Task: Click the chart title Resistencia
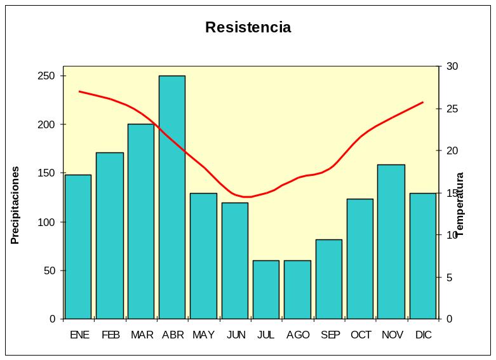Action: pyautogui.click(x=248, y=27)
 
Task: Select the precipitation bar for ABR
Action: pyautogui.click(x=172, y=197)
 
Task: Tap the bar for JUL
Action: pyautogui.click(x=266, y=290)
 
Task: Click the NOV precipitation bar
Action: pyautogui.click(x=391, y=241)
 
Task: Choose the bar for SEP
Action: pyautogui.click(x=328, y=279)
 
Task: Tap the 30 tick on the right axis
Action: pyautogui.click(x=452, y=67)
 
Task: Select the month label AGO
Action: pyautogui.click(x=298, y=335)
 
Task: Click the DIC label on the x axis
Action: pyautogui.click(x=423, y=335)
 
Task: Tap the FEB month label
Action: pyautogui.click(x=111, y=335)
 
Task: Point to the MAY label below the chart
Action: pyautogui.click(x=204, y=335)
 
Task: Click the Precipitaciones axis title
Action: pyautogui.click(x=15, y=205)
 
